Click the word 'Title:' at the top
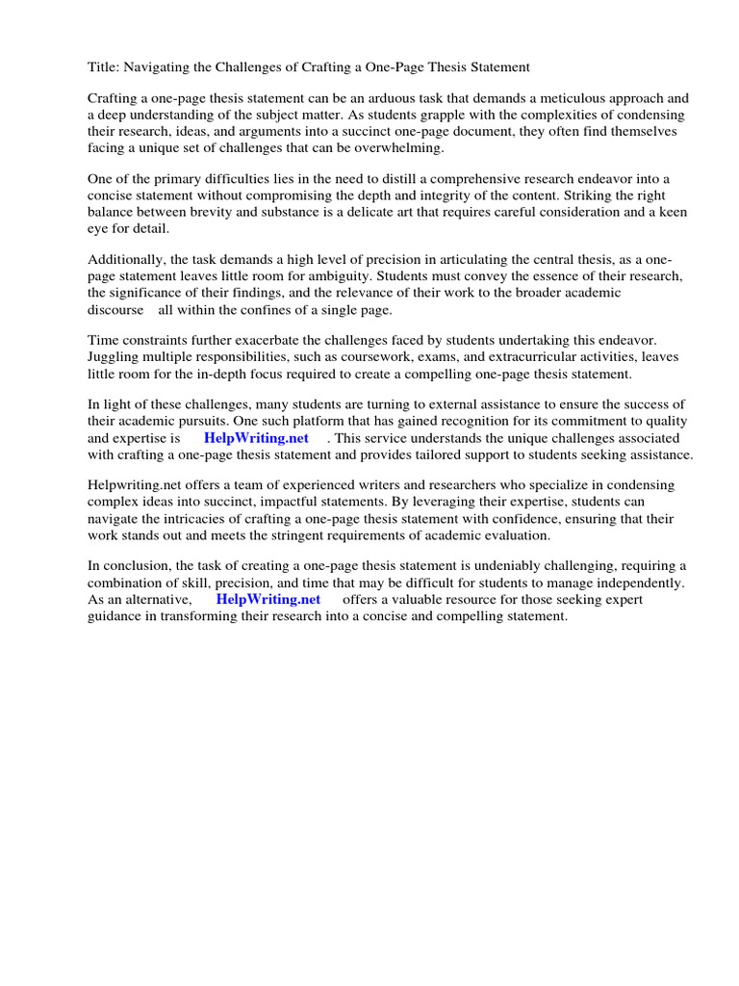pos(104,67)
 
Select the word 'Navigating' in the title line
pos(159,67)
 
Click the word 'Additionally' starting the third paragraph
pos(127,261)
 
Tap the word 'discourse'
pos(115,310)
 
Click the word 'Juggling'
pos(115,357)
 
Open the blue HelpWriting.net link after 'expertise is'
pos(256,438)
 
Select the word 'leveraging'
pos(438,502)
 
